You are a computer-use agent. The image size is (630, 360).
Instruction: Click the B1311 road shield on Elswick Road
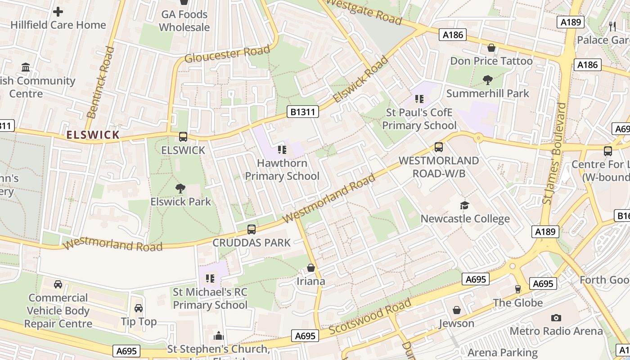tap(304, 112)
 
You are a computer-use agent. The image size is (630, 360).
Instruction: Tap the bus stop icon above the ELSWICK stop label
tap(183, 137)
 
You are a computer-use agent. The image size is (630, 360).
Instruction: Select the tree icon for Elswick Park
tap(180, 189)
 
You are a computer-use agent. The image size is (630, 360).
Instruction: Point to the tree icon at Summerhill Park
tap(487, 80)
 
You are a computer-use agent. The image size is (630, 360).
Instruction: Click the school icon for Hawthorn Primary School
tap(282, 149)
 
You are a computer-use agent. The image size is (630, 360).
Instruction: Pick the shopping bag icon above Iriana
tap(310, 268)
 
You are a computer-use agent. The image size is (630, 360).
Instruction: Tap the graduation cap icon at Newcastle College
tap(464, 206)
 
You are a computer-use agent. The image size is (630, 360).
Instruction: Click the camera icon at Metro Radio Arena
tap(556, 318)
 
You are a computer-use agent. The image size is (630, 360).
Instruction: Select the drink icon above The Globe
tap(517, 289)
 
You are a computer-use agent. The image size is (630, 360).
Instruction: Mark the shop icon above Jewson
tap(457, 310)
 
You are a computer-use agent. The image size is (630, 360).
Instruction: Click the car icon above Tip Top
tap(139, 308)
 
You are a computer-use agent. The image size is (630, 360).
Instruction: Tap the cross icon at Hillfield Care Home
tap(58, 12)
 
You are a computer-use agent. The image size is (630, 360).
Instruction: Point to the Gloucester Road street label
tap(227, 54)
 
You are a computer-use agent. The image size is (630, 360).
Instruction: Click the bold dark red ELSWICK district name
tap(93, 135)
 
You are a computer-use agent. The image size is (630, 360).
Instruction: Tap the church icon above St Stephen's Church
tap(219, 336)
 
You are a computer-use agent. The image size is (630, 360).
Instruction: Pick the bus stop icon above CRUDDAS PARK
tap(252, 229)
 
